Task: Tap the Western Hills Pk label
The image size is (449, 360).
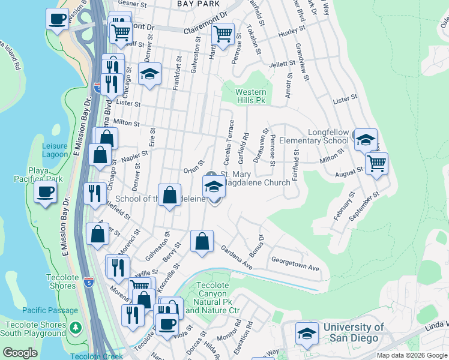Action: coord(250,96)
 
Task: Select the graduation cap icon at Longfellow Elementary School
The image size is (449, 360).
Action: coord(365,140)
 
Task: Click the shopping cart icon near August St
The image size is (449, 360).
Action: coord(376,163)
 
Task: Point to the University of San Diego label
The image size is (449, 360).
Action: coord(354,332)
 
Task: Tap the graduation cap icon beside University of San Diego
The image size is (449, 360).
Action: coord(307,334)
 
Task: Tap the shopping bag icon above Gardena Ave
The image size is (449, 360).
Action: coord(202,242)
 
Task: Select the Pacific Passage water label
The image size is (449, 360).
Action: coord(50,310)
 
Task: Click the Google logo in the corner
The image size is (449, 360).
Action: coord(20,352)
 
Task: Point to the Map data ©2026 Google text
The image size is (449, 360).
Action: coord(411,355)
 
